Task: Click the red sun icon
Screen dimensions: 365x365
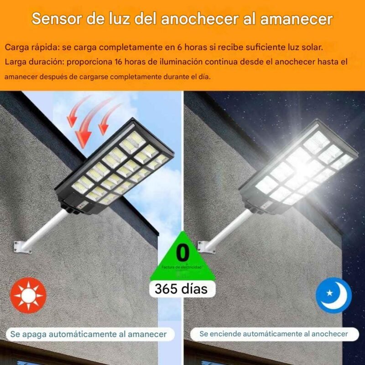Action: pyautogui.click(x=28, y=295)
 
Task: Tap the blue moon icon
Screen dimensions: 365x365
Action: pyautogui.click(x=334, y=295)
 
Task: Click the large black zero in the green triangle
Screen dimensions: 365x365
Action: pyautogui.click(x=182, y=253)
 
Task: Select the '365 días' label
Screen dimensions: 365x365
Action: pyautogui.click(x=181, y=289)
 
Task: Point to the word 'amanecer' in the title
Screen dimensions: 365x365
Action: pyautogui.click(x=296, y=19)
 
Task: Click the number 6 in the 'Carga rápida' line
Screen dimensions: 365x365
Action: pyautogui.click(x=179, y=47)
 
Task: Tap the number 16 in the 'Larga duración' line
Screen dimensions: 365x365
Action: pyautogui.click(x=119, y=62)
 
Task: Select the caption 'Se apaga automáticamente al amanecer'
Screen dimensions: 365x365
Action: pyautogui.click(x=89, y=334)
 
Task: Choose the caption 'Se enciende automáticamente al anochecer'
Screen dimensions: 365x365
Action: pyautogui.click(x=274, y=334)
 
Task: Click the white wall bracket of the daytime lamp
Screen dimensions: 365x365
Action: pyautogui.click(x=21, y=247)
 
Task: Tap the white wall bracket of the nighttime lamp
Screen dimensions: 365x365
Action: pyautogui.click(x=206, y=247)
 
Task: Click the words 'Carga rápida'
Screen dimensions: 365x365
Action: pyautogui.click(x=31, y=47)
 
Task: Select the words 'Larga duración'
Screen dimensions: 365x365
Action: pyautogui.click(x=34, y=62)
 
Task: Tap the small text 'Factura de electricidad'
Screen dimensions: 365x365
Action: pyautogui.click(x=182, y=267)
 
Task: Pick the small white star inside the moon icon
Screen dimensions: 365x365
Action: pyautogui.click(x=329, y=293)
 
